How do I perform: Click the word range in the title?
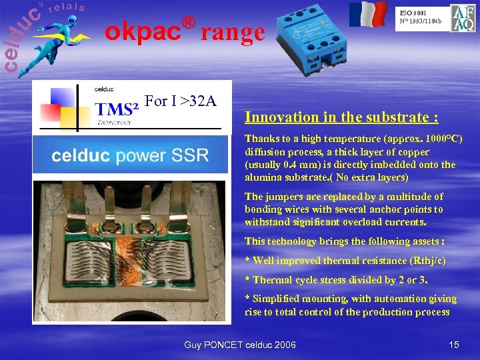[233, 31]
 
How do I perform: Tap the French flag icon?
[368, 14]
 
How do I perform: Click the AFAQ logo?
[463, 19]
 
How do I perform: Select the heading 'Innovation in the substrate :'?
[341, 117]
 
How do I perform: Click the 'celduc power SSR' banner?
[131, 156]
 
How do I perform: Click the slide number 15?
[454, 345]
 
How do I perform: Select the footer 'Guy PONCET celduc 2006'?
[240, 345]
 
